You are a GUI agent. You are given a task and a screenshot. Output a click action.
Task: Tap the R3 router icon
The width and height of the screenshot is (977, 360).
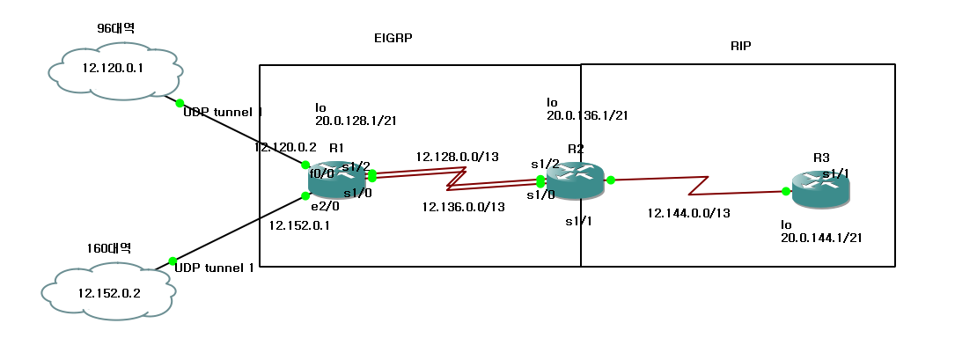click(x=821, y=189)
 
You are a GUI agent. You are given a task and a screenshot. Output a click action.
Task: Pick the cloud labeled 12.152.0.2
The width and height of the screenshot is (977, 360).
click(x=107, y=292)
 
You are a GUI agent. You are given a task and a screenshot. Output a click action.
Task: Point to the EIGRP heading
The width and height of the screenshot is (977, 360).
click(x=393, y=39)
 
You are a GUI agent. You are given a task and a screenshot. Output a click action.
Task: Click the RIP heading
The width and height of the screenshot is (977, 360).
click(x=741, y=45)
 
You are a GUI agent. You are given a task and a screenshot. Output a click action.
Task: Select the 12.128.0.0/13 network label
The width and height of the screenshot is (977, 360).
click(x=458, y=157)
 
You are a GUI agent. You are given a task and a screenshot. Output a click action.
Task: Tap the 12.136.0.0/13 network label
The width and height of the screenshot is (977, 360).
click(x=464, y=207)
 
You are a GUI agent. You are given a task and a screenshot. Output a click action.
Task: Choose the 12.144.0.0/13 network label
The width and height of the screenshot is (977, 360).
click(x=688, y=213)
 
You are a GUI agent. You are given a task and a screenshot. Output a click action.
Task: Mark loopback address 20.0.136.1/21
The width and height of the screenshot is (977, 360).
click(x=586, y=114)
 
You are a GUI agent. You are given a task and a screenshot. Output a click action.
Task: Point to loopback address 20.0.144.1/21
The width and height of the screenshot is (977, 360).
click(x=820, y=238)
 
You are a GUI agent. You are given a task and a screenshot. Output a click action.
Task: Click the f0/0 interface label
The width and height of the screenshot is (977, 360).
click(x=321, y=173)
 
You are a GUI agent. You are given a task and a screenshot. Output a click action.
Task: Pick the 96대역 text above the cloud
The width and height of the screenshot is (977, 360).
click(x=115, y=28)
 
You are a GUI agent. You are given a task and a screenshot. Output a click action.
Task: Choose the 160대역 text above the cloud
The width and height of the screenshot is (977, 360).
click(x=109, y=248)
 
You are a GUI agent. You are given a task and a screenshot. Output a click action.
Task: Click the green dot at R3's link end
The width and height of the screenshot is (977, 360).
click(x=785, y=191)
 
